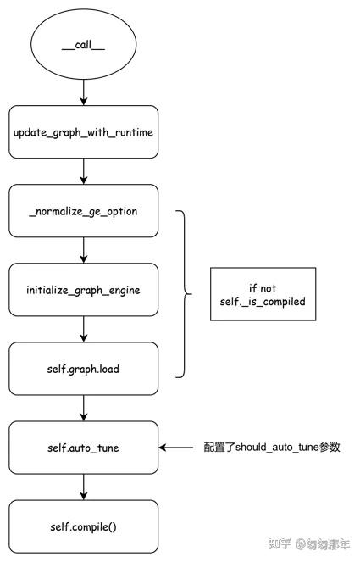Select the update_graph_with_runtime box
coord(83,132)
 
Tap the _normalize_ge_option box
coord(83,211)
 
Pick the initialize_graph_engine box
coord(83,290)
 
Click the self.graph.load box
coord(83,369)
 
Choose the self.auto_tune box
coord(83,448)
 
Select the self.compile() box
coord(83,526)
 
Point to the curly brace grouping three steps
coord(185,293)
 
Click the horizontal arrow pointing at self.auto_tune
coord(180,448)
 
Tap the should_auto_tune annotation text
coord(271,448)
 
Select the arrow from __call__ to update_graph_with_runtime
coord(83,91)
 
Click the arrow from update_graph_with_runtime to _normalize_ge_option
coord(83,171)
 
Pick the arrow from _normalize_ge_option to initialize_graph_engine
coord(83,250)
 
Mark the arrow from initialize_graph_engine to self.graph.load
coord(83,329)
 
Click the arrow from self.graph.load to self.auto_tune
coord(83,408)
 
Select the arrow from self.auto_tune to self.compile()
coord(83,487)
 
